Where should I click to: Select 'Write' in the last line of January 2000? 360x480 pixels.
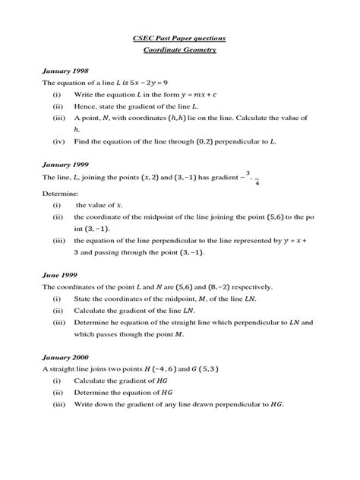[84, 405]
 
